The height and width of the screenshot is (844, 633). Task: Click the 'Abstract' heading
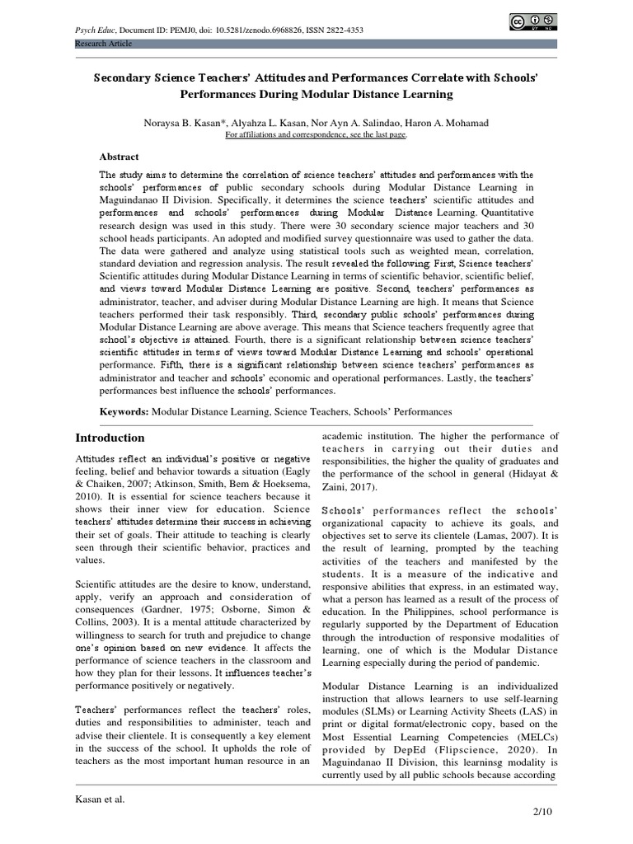click(x=120, y=157)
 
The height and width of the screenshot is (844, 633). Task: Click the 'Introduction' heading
click(x=110, y=438)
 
